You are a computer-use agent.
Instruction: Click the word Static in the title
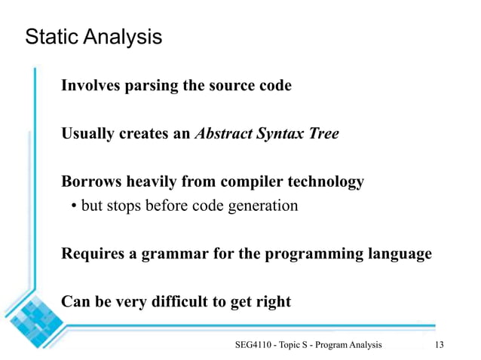coord(48,36)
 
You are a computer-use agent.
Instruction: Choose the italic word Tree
coord(323,134)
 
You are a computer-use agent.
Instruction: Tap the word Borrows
coord(90,182)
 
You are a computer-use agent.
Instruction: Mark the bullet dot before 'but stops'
coord(74,206)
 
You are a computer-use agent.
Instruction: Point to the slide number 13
coord(440,345)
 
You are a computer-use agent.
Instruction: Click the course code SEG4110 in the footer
coord(253,345)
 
